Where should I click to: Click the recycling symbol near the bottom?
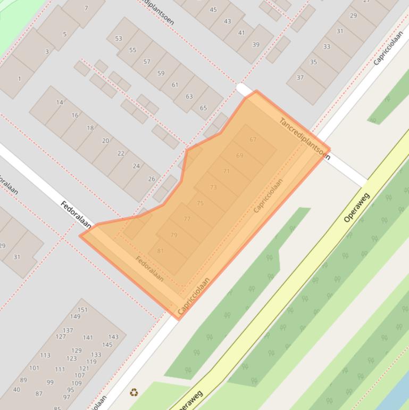(133, 392)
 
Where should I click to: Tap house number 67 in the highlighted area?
(253, 140)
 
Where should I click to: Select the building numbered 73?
(213, 187)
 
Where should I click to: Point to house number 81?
(160, 251)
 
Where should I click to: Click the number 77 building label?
(187, 219)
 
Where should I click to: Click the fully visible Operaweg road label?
(356, 207)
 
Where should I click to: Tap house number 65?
(203, 108)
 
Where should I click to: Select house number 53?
(118, 38)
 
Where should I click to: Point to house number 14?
(60, 102)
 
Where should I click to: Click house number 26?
(152, 179)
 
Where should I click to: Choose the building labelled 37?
(300, 78)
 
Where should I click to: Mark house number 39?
(256, 45)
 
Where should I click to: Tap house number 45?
(213, 10)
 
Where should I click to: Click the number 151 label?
(82, 309)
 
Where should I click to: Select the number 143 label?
(113, 337)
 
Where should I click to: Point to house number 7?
(86, 9)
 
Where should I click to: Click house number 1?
(20, 79)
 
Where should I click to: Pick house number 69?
(239, 155)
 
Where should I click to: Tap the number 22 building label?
(121, 153)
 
